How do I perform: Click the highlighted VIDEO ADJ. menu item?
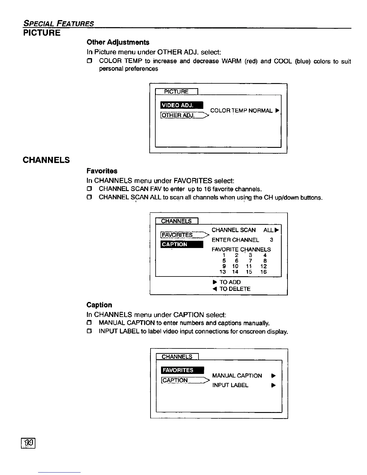point(182,105)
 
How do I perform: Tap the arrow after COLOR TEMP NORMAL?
point(277,111)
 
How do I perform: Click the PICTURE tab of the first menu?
point(176,92)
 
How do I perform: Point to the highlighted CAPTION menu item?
point(182,244)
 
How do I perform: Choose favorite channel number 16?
point(263,272)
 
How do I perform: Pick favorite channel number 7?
point(250,261)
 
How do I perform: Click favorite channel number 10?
point(235,266)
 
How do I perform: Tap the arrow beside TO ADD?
point(215,282)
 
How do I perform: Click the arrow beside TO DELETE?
point(215,289)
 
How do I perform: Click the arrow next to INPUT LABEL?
point(273,386)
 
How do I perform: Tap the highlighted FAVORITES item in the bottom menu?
point(182,370)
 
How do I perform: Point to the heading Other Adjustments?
point(118,42)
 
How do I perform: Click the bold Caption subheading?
point(99,305)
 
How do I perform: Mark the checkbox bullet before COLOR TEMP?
point(89,61)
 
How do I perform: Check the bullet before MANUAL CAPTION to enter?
point(89,323)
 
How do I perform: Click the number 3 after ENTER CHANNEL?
point(271,240)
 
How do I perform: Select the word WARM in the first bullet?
point(231,61)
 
